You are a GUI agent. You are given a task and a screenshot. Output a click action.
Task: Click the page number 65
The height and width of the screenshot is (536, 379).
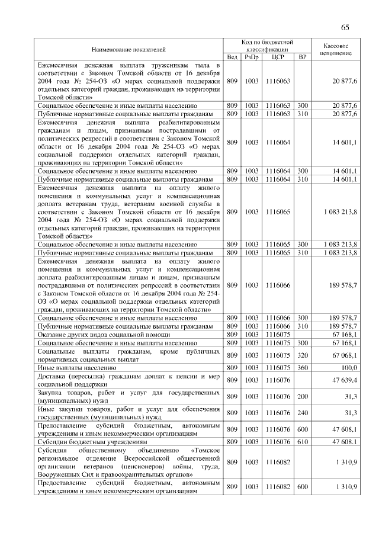point(345,27)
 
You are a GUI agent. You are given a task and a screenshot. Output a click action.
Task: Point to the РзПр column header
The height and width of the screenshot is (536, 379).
point(252,57)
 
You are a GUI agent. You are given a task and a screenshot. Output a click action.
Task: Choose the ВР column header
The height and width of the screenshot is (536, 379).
point(303,57)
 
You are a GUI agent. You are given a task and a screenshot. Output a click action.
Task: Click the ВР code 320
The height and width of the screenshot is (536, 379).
point(303,355)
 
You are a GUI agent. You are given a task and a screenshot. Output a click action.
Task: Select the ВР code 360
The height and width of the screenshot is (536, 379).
point(303,367)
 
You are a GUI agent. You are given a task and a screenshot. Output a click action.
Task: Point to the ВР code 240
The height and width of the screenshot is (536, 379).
point(303,413)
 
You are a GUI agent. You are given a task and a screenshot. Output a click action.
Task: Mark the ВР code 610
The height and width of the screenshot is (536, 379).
point(303,441)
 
